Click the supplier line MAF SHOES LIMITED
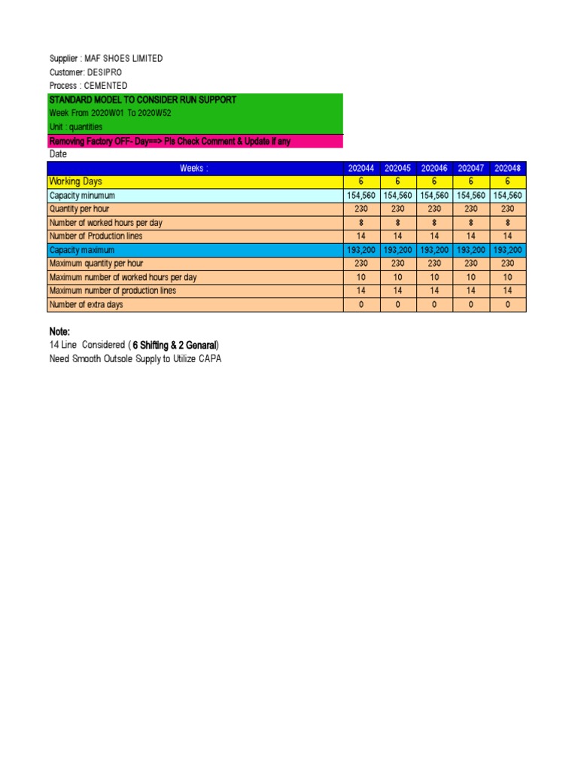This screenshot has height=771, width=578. [105, 59]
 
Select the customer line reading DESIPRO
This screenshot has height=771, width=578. [85, 72]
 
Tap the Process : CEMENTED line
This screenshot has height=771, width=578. [88, 86]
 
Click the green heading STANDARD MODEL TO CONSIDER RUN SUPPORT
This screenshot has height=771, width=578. [142, 100]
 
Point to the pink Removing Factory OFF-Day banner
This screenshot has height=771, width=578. [169, 142]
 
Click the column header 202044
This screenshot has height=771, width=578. [361, 169]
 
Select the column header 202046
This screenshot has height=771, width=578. [434, 169]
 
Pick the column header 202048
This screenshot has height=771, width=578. [508, 169]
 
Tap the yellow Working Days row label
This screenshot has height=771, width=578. [75, 182]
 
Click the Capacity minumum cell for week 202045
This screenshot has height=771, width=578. [398, 196]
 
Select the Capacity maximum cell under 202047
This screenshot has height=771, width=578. [471, 250]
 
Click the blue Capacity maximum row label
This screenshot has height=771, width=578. [82, 250]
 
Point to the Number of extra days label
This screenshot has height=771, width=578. [86, 305]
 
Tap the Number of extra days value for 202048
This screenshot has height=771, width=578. [508, 305]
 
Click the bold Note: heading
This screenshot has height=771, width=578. [59, 332]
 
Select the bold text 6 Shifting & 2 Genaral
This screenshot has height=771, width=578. [175, 346]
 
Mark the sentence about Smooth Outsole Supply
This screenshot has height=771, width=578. [135, 359]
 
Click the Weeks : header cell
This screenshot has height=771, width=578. [193, 169]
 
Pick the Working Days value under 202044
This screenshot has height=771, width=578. [361, 182]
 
